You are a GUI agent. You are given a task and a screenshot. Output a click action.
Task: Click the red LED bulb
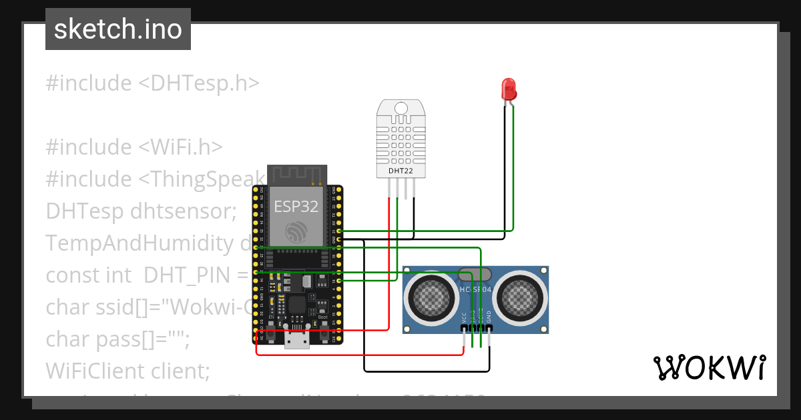click(x=509, y=89)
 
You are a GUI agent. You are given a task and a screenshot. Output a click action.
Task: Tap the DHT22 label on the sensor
click(x=400, y=171)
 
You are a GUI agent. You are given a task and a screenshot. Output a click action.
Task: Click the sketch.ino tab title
click(x=118, y=29)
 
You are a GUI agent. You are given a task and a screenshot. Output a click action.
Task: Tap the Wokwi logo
click(x=709, y=367)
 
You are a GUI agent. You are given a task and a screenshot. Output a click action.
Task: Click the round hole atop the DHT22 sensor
click(x=401, y=108)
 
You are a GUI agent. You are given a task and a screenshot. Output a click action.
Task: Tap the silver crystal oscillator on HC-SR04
click(x=475, y=273)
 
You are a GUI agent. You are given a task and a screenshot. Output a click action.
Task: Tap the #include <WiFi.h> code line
click(x=134, y=147)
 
